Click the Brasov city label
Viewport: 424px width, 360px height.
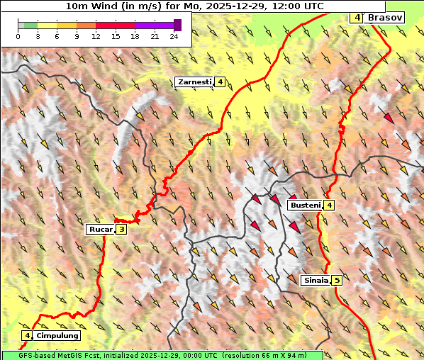pos(386,17)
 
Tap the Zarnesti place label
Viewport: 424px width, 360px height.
pos(194,82)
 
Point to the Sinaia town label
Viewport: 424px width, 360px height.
pos(316,280)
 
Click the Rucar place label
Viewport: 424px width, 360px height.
pos(100,229)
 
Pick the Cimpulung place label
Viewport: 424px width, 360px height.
pos(57,335)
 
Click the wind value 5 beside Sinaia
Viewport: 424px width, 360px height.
pos(337,280)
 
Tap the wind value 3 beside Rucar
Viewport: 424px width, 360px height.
pos(121,229)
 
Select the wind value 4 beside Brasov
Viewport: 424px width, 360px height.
pos(357,17)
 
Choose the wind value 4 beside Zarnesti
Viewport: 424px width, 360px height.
pos(221,82)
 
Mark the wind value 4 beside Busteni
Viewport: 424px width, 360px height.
pos(329,205)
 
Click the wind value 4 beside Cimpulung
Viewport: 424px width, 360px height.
pos(27,335)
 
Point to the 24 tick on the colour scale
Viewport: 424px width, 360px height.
pos(174,36)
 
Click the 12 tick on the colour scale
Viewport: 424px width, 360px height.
pos(96,36)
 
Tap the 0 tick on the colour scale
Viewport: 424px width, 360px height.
pos(18,36)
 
